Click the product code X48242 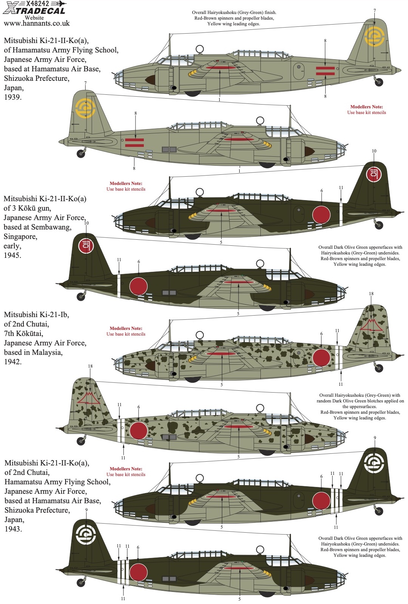click(x=37, y=3)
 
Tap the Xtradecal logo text click(x=34, y=11)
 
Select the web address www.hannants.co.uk click(x=37, y=23)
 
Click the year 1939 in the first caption click(x=13, y=97)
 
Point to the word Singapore click(x=20, y=236)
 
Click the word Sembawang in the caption click(x=51, y=227)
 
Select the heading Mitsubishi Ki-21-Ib click(x=36, y=315)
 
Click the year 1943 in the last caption click(x=13, y=529)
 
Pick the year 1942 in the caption click(x=13, y=362)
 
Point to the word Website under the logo click(x=34, y=18)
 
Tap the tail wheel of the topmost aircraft click(x=379, y=82)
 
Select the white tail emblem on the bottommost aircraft click(x=86, y=534)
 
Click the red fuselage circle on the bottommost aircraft click(x=139, y=572)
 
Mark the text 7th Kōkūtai click(x=23, y=334)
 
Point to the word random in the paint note click(x=323, y=401)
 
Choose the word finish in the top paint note click(x=270, y=12)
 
